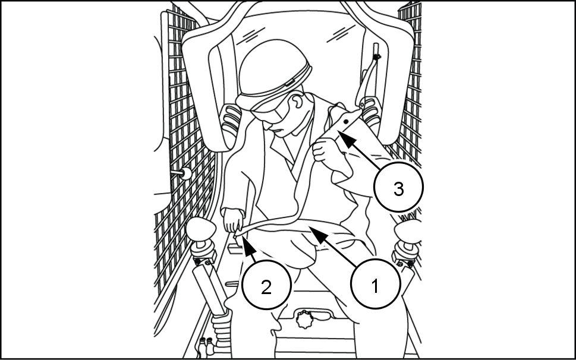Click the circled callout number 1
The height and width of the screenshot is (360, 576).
(x=374, y=286)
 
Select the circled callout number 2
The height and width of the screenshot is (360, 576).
(x=266, y=287)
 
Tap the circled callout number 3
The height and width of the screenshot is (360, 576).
(x=398, y=188)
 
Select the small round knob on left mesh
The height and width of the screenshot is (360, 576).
(x=186, y=173)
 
